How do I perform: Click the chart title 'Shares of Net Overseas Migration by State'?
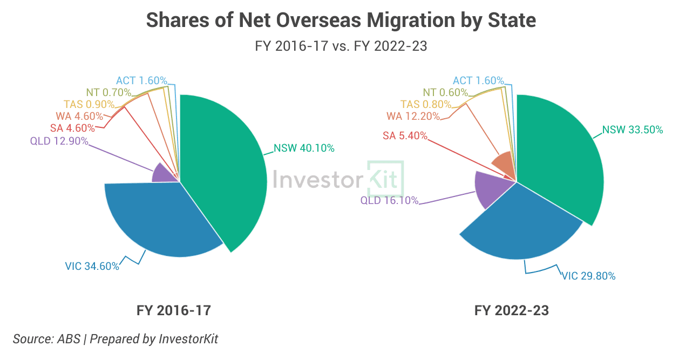[x=341, y=20]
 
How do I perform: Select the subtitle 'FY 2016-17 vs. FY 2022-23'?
[x=341, y=46]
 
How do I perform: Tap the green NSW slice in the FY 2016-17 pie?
[x=227, y=173]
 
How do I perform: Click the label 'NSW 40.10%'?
[x=304, y=148]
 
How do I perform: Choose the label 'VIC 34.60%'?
[x=92, y=266]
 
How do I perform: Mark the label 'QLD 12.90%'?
[x=59, y=141]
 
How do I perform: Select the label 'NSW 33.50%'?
[x=633, y=130]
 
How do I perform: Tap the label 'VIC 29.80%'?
[x=588, y=276]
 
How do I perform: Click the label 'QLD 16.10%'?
[x=389, y=201]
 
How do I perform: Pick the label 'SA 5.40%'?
[x=405, y=135]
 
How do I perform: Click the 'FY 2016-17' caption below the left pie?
[x=173, y=311]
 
